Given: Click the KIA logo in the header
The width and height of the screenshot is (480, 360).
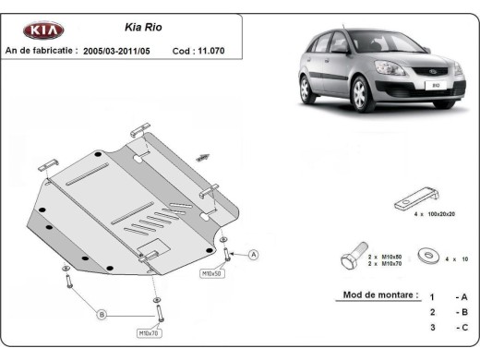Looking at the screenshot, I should click(43, 30).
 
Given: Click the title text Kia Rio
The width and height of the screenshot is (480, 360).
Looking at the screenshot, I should click(143, 28).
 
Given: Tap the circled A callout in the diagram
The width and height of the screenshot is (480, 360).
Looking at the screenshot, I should click(253, 255).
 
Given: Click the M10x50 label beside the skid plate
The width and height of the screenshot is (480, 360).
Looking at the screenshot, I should click(211, 274).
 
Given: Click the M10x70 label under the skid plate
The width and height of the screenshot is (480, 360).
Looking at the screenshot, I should click(148, 332).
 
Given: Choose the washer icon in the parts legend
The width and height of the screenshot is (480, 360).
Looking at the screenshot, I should click(426, 255).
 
